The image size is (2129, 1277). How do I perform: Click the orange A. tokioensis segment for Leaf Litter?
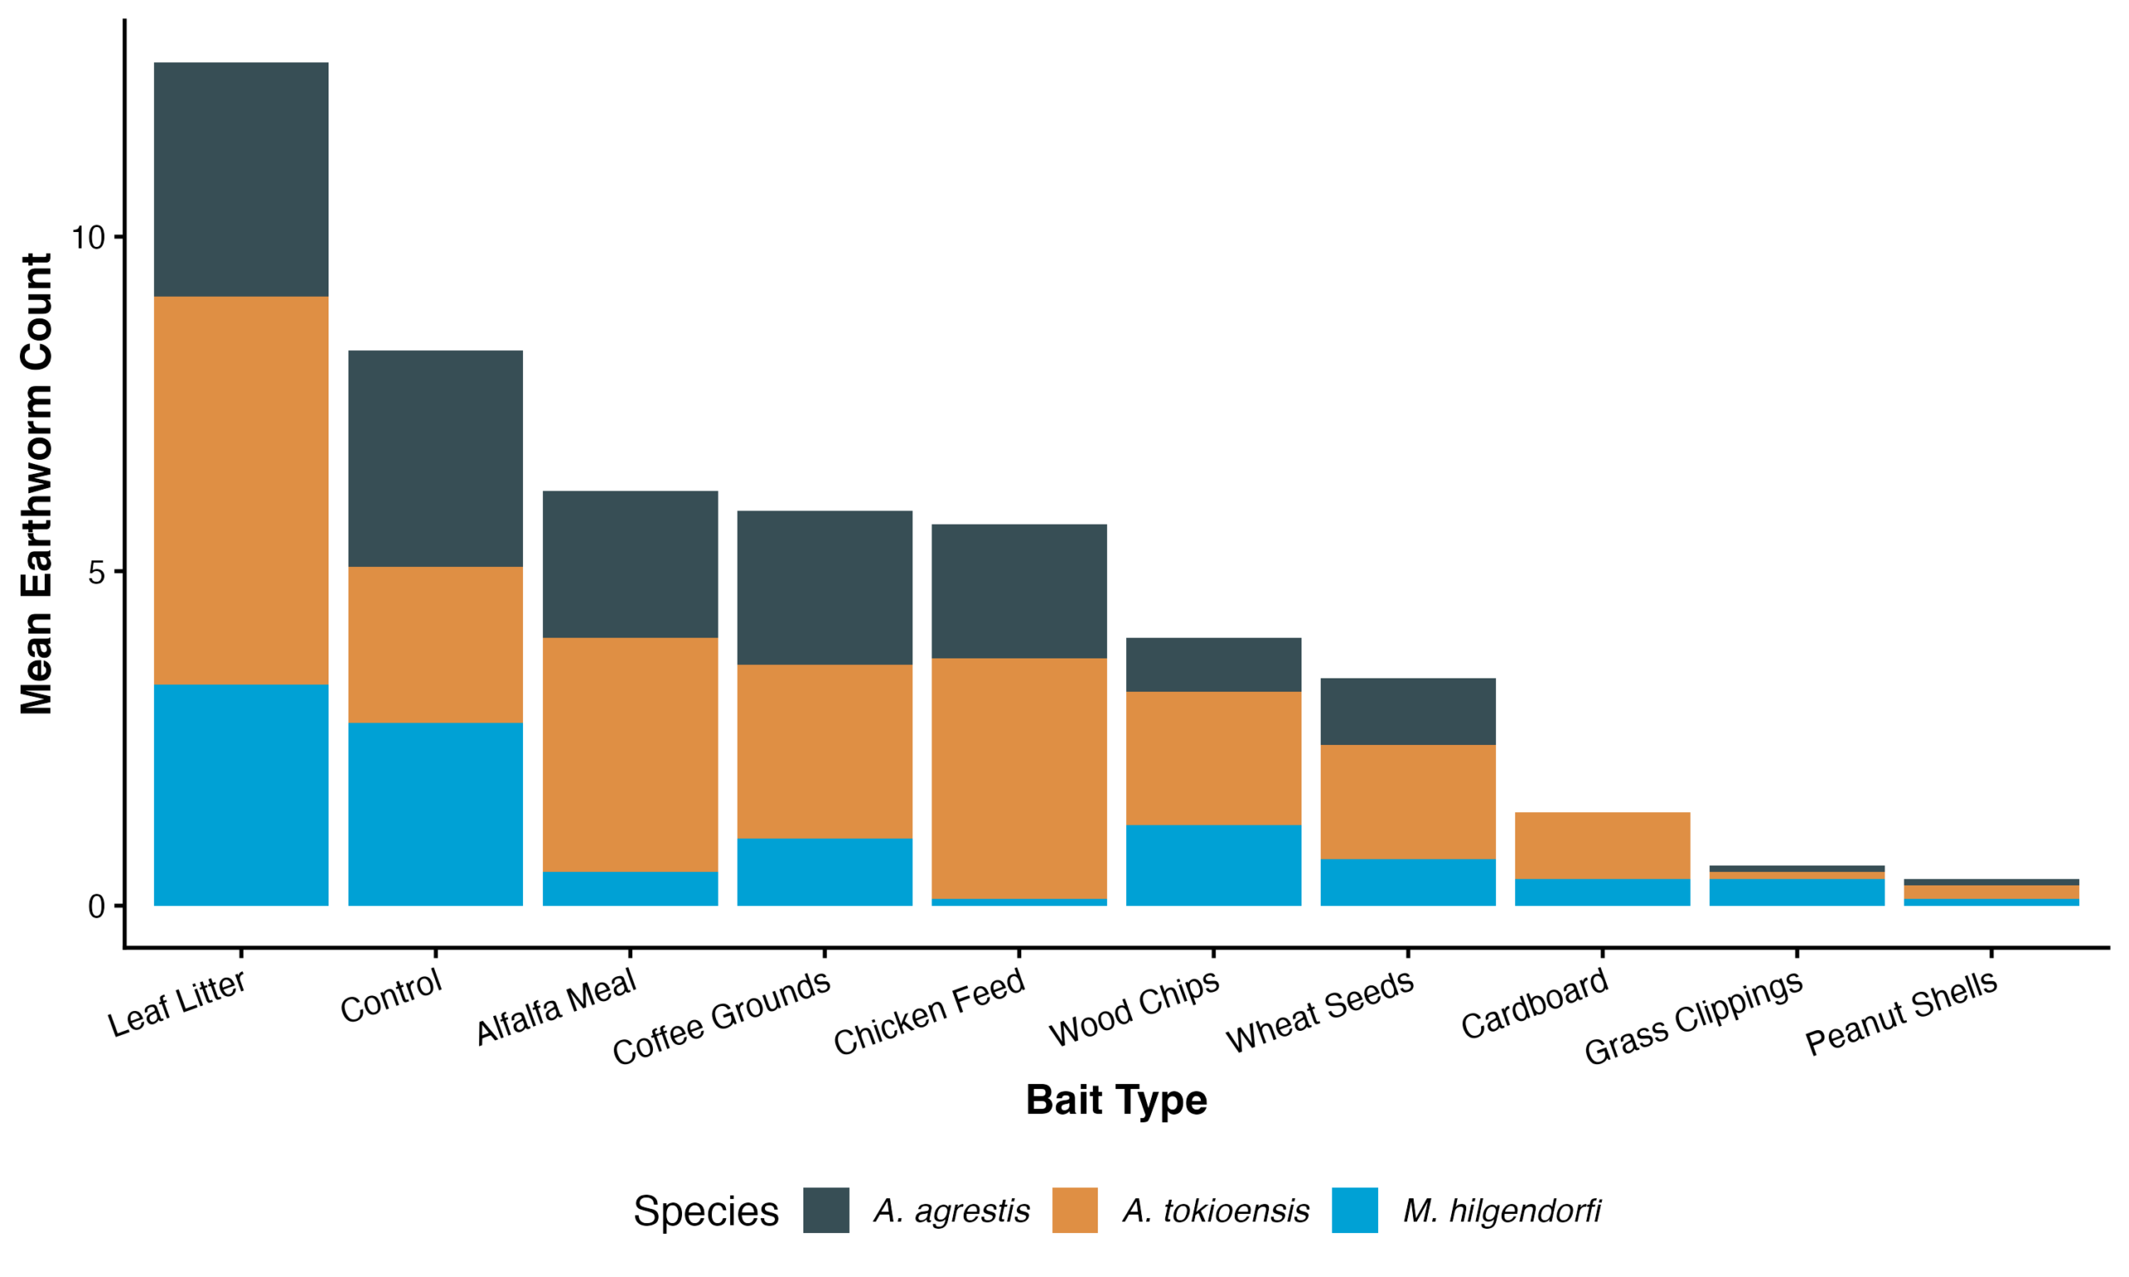click(241, 491)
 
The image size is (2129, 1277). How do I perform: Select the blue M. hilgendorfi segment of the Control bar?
click(436, 814)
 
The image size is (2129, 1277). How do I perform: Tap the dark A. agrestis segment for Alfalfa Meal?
click(630, 565)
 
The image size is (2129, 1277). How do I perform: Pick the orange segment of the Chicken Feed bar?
click(1019, 778)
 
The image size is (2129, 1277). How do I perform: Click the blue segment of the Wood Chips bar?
click(1213, 865)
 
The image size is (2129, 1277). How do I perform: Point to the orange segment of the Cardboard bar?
click(1603, 845)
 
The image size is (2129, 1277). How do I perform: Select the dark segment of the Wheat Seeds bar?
click(1408, 712)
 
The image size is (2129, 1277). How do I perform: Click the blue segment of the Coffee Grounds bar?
click(824, 871)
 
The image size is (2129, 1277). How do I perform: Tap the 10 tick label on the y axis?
click(87, 238)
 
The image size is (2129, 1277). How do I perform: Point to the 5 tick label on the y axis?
click(96, 572)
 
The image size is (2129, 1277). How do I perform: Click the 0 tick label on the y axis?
click(96, 906)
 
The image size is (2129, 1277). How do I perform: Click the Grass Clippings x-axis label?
click(1692, 1016)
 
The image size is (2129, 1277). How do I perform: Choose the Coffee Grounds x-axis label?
click(721, 1016)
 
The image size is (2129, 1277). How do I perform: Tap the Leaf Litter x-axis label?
click(176, 1003)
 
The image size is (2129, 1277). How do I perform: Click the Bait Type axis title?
click(1116, 1101)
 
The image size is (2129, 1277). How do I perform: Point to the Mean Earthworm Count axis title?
click(36, 484)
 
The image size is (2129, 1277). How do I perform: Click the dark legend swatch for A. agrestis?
click(826, 1210)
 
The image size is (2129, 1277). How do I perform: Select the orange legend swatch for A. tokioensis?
click(1074, 1210)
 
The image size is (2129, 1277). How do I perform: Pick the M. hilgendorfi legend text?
click(1502, 1210)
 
